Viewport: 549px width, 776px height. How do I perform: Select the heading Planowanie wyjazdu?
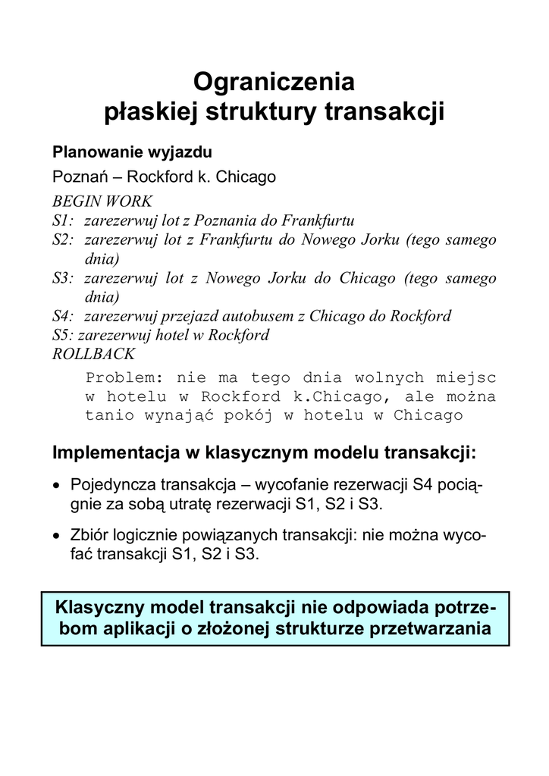(127, 152)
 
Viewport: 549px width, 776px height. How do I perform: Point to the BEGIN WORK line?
(102, 202)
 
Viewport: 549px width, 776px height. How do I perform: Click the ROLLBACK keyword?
(93, 354)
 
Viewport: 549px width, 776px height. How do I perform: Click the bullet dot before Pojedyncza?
(57, 485)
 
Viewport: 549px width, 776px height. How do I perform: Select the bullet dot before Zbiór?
(57, 536)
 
